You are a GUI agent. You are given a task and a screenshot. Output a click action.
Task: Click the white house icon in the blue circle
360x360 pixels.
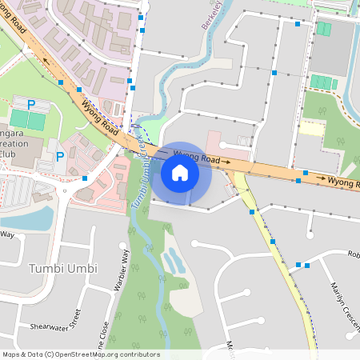tap(180, 172)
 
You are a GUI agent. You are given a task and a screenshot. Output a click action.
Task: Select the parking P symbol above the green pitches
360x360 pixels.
tap(32, 104)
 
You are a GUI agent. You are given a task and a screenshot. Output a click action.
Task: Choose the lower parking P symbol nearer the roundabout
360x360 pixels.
tap(60, 157)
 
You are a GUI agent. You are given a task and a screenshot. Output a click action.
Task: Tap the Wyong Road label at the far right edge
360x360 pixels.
tap(343, 182)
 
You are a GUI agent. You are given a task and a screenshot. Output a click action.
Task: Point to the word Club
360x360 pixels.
tap(8, 153)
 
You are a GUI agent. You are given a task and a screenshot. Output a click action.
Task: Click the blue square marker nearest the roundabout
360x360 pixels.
tap(85, 178)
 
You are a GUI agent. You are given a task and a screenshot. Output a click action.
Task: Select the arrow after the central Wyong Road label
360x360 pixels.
tap(226, 162)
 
